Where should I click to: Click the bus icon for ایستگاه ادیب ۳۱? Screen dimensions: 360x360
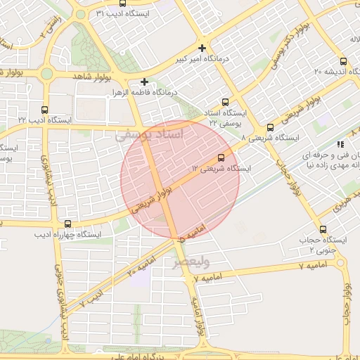[82, 13]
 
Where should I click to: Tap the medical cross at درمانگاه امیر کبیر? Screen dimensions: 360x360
[202, 49]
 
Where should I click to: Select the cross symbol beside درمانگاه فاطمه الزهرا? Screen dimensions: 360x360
[144, 82]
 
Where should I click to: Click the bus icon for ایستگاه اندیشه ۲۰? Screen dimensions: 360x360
[344, 61]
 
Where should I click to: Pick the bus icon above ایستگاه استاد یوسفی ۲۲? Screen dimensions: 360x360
[225, 102]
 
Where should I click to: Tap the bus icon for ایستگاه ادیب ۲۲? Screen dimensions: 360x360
[45, 110]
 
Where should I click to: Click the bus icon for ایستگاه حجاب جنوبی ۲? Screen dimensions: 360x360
[323, 229]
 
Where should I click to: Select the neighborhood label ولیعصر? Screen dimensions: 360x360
[192, 263]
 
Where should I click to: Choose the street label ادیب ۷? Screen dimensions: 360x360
[91, 298]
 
